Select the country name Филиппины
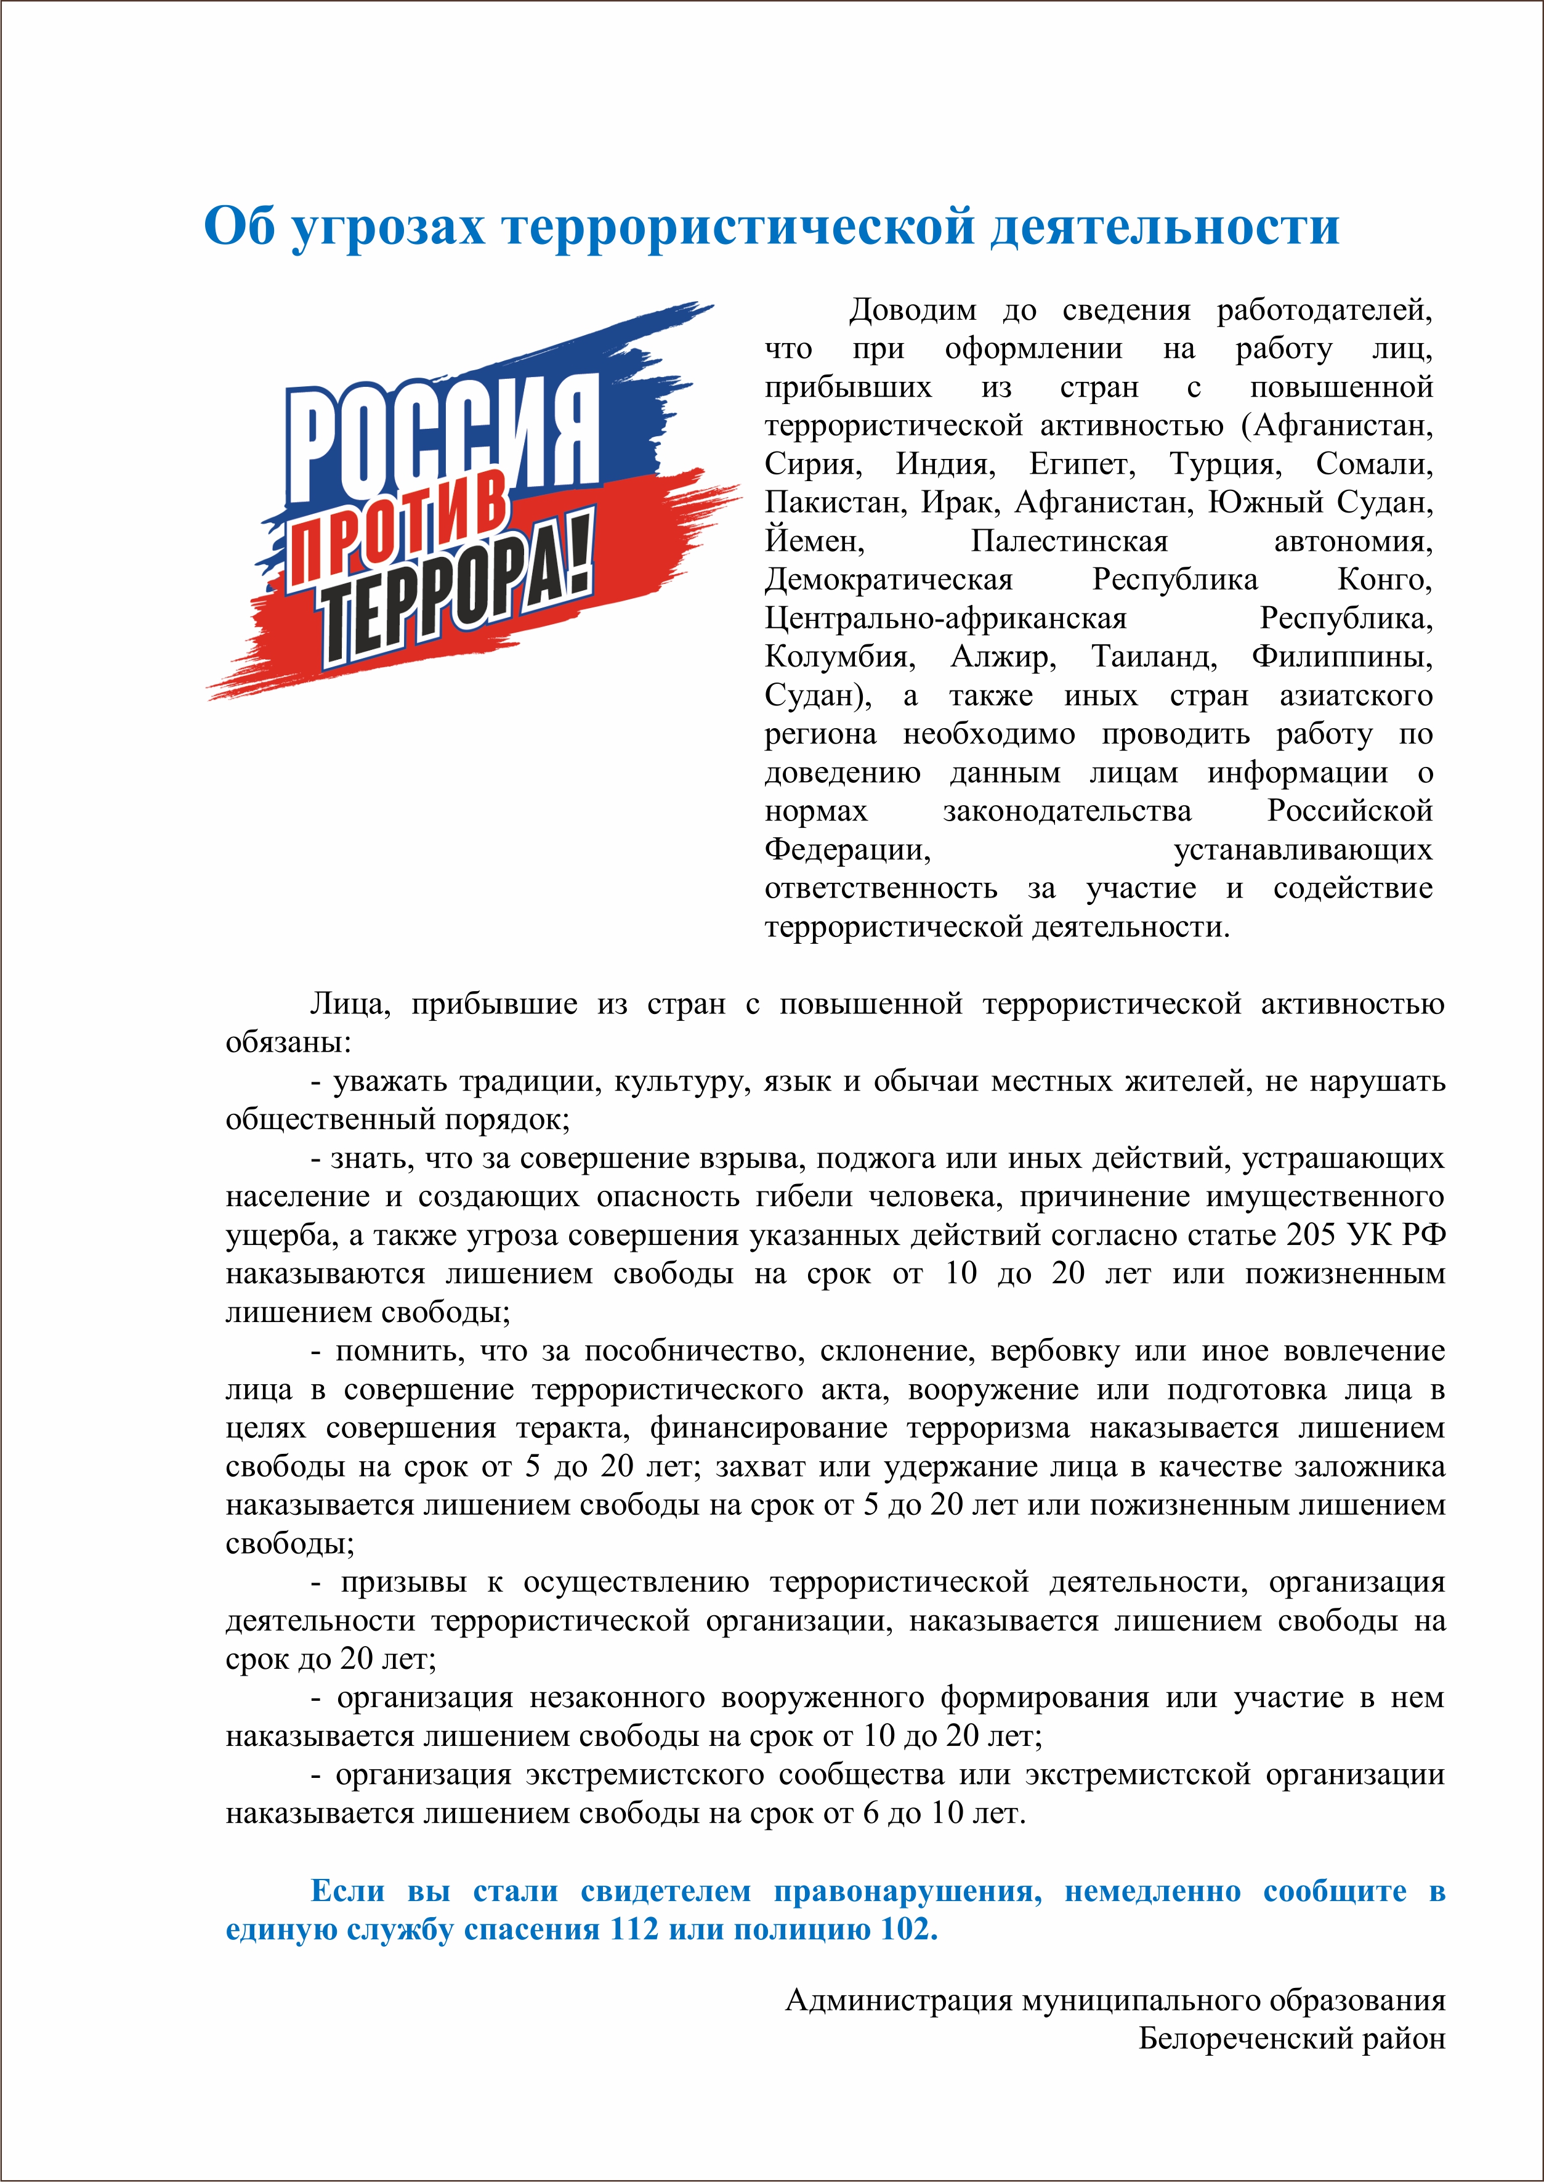1341,657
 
